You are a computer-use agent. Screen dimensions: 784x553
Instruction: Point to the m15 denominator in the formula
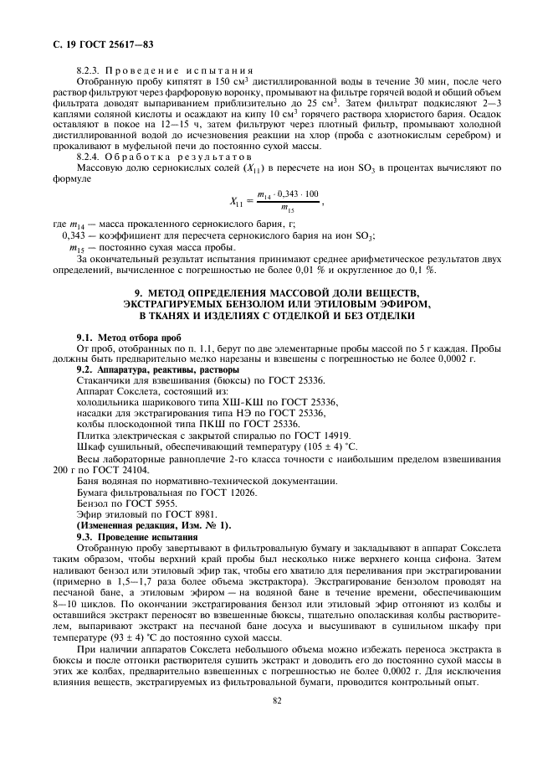coord(288,209)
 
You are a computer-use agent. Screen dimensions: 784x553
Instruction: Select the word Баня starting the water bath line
coord(87,481)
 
